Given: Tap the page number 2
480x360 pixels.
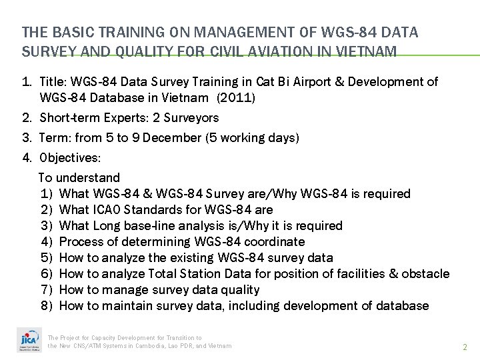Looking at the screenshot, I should pos(465,347).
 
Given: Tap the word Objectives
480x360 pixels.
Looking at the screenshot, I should pos(70,159).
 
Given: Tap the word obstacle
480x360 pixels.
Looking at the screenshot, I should pos(427,273).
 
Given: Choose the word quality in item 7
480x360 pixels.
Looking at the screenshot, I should pos(242,289).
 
